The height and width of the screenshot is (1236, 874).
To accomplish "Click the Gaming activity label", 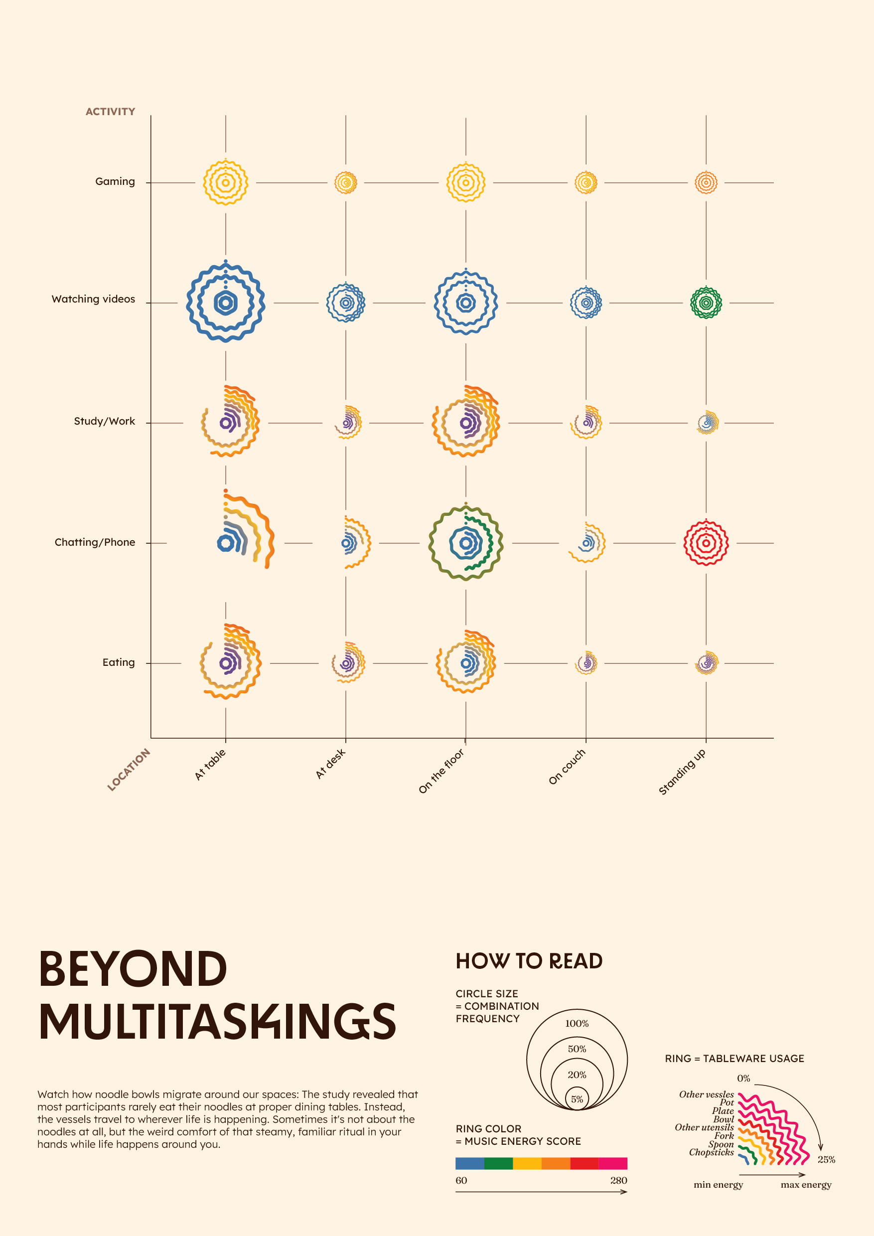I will [115, 181].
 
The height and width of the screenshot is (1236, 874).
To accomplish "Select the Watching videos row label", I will [93, 300].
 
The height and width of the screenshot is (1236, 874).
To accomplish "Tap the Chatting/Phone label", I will [95, 542].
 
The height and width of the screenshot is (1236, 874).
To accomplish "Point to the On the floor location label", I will [441, 771].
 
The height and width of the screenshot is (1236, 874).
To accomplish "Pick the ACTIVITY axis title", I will [110, 112].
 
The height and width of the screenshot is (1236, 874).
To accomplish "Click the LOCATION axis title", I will [129, 770].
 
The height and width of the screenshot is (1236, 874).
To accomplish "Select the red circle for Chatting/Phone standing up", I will [706, 543].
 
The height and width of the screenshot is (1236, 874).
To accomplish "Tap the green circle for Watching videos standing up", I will [706, 303].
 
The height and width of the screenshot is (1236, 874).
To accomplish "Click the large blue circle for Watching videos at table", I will [226, 303].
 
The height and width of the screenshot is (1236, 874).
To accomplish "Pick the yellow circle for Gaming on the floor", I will [466, 182].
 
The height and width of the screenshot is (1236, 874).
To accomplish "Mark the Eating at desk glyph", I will [348, 663].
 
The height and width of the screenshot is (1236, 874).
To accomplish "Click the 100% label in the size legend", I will [577, 1023].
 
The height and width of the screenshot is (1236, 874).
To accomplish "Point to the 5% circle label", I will [577, 1099].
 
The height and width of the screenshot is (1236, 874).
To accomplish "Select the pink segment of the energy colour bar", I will [612, 1163].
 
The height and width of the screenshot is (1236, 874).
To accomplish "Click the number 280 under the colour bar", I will [618, 1181].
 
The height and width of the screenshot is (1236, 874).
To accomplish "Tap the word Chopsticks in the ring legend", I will [711, 1152].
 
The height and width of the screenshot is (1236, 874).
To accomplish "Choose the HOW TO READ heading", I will [529, 961].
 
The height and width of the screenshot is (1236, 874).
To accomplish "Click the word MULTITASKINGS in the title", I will [217, 1021].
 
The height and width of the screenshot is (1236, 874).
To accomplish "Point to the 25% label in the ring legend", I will [826, 1160].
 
